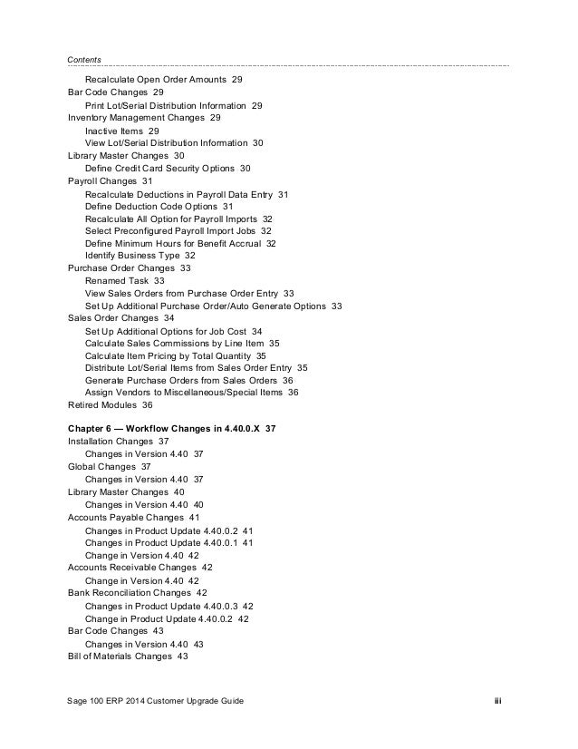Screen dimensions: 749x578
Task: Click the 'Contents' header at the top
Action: coord(84,60)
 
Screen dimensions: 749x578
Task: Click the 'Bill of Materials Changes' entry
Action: coord(128,656)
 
